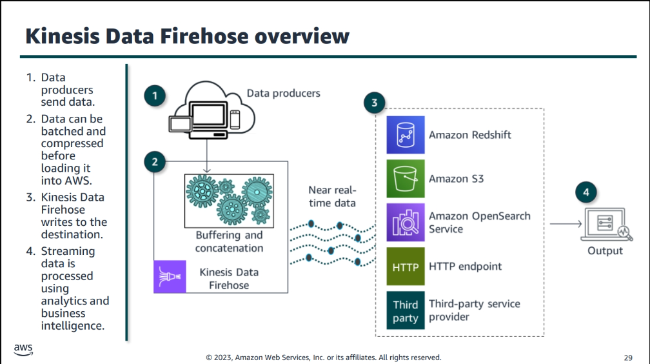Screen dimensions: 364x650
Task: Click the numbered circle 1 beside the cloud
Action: (x=154, y=97)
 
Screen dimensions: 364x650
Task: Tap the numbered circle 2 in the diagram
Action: (x=154, y=161)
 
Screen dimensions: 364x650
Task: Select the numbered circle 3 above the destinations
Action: (x=375, y=102)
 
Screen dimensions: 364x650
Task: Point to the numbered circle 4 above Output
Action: (x=586, y=192)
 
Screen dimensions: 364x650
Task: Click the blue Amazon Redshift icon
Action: (x=406, y=135)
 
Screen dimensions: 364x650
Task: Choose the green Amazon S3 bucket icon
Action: (x=406, y=178)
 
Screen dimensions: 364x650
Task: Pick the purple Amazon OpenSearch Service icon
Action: (x=406, y=222)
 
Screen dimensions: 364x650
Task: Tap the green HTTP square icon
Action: (x=406, y=266)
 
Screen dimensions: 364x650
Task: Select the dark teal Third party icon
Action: (x=406, y=310)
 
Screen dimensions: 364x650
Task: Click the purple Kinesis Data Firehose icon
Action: (x=170, y=277)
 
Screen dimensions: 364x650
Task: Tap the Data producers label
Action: (x=283, y=94)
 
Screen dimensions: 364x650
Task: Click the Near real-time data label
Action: (x=332, y=196)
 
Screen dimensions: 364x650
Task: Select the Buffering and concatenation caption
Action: (x=229, y=241)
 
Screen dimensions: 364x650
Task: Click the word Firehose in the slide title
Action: (x=198, y=36)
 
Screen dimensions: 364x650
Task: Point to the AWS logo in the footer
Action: (x=23, y=350)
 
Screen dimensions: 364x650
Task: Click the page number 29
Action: (x=628, y=358)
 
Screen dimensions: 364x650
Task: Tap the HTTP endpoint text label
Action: (x=465, y=266)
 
